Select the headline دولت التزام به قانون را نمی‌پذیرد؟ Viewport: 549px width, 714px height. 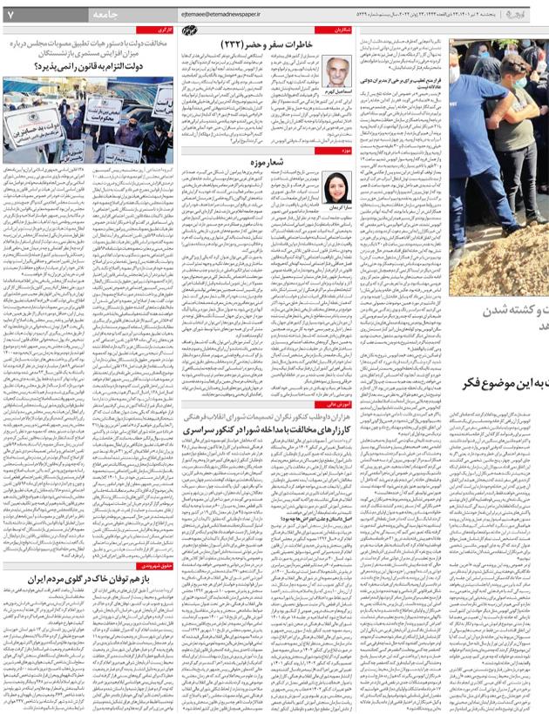tap(110, 63)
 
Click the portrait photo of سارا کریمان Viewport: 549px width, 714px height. tap(338, 186)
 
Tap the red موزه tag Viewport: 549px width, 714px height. tap(345, 150)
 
